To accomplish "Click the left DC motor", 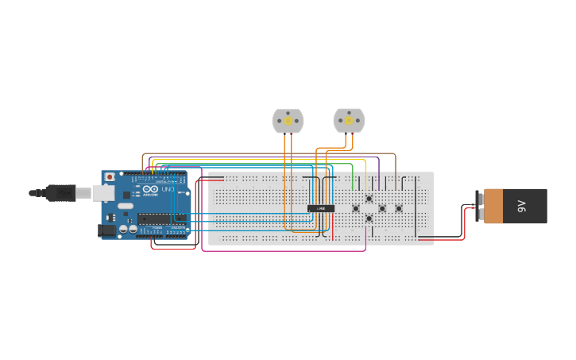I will [288, 121].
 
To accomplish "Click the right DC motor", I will [349, 120].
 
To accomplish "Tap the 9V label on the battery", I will [522, 206].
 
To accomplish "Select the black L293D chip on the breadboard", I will [321, 208].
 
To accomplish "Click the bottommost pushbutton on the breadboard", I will [369, 218].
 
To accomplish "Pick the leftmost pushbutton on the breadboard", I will [355, 208].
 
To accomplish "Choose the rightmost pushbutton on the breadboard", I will [399, 208].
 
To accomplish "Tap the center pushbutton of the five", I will [382, 208].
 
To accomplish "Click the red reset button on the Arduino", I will [110, 176].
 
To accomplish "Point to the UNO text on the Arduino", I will [168, 189].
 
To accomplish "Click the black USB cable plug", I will [60, 193].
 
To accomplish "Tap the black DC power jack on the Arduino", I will [106, 230].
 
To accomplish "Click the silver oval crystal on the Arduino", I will [126, 207].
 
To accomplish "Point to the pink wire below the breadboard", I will [286, 251].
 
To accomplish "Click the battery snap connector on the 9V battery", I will [479, 206].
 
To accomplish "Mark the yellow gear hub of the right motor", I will [349, 121].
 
